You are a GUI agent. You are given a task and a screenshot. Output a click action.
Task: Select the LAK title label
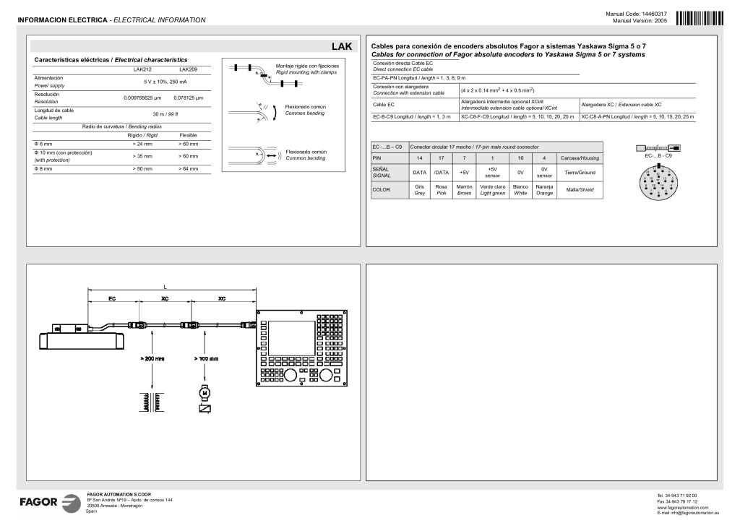pyautogui.click(x=341, y=46)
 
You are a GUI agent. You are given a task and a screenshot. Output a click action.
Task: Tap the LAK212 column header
pyautogui.click(x=142, y=69)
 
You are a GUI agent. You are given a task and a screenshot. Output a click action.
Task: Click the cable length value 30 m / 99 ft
pyautogui.click(x=165, y=114)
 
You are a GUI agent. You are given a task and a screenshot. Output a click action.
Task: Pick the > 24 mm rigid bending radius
pyautogui.click(x=142, y=144)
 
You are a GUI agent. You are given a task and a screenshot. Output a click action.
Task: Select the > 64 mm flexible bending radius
pyautogui.click(x=188, y=168)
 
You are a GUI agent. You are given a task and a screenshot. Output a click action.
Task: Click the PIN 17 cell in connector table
pyautogui.click(x=441, y=157)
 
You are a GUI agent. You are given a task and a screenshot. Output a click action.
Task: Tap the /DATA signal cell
pyautogui.click(x=441, y=173)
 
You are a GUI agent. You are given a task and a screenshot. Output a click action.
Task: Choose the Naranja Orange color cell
pyautogui.click(x=543, y=190)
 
